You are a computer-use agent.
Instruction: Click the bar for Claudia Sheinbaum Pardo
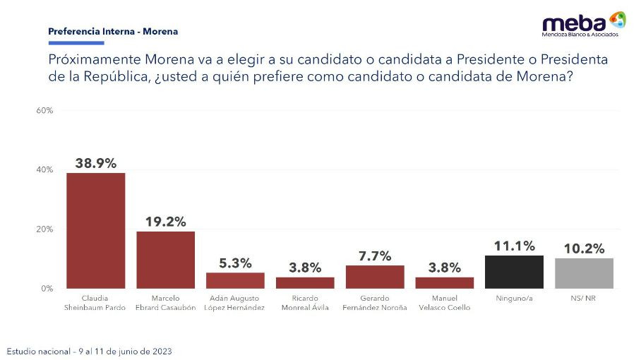(95, 231)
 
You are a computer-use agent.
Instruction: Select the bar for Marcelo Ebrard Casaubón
(165, 260)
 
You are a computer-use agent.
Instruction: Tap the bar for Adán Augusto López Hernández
(235, 280)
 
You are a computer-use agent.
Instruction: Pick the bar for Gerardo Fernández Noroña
(375, 277)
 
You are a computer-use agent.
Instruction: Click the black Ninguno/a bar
(515, 272)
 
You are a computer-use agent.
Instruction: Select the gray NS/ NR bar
(585, 273)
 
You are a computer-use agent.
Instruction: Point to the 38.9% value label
(96, 162)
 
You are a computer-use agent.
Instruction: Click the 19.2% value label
(166, 222)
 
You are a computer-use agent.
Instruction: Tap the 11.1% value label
(515, 246)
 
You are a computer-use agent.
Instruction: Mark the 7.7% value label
(375, 256)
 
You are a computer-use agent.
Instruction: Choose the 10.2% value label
(585, 248)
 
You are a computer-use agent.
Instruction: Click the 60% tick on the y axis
(44, 111)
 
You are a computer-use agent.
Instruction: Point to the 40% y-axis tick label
(44, 170)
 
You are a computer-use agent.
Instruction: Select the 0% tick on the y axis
(47, 289)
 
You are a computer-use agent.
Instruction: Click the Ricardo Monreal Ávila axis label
(305, 303)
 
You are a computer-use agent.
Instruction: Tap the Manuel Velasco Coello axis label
(445, 303)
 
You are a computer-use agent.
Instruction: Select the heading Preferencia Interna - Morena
(113, 32)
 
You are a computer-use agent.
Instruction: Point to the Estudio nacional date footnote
(89, 351)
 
